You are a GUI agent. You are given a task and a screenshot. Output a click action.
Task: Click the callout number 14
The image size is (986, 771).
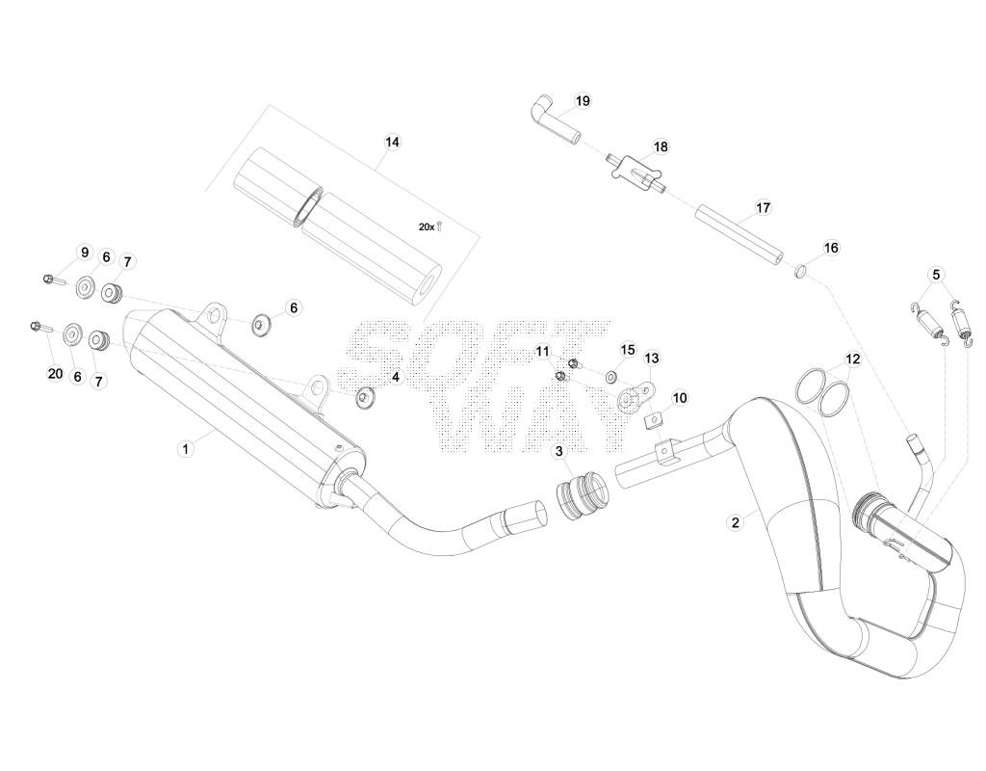[392, 143]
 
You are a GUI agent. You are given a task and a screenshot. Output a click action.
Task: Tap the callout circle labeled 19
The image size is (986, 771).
[583, 100]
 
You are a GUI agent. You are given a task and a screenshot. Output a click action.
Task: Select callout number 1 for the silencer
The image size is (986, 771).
[185, 449]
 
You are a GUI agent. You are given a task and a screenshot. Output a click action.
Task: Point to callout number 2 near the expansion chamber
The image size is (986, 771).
[735, 521]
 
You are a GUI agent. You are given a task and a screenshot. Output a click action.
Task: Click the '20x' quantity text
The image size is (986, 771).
[427, 227]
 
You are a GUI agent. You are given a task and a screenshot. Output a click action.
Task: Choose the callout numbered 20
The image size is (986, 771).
[55, 374]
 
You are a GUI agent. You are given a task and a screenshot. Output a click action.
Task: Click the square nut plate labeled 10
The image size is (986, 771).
[654, 420]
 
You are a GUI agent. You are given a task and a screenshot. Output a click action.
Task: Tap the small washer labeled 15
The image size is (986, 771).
[610, 377]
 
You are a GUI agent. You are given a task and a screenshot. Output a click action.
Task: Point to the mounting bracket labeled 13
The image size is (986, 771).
[634, 399]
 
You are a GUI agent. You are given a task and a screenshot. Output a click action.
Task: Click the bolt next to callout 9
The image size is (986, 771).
[54, 279]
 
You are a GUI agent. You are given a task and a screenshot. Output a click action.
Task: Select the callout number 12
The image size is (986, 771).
[852, 359]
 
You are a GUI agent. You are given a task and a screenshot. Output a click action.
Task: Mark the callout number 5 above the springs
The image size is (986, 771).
[936, 275]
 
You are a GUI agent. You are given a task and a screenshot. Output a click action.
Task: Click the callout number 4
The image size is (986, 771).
[395, 378]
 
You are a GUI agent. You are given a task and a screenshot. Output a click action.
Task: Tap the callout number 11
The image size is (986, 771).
[542, 351]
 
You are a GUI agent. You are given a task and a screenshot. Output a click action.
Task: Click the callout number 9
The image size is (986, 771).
[85, 253]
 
